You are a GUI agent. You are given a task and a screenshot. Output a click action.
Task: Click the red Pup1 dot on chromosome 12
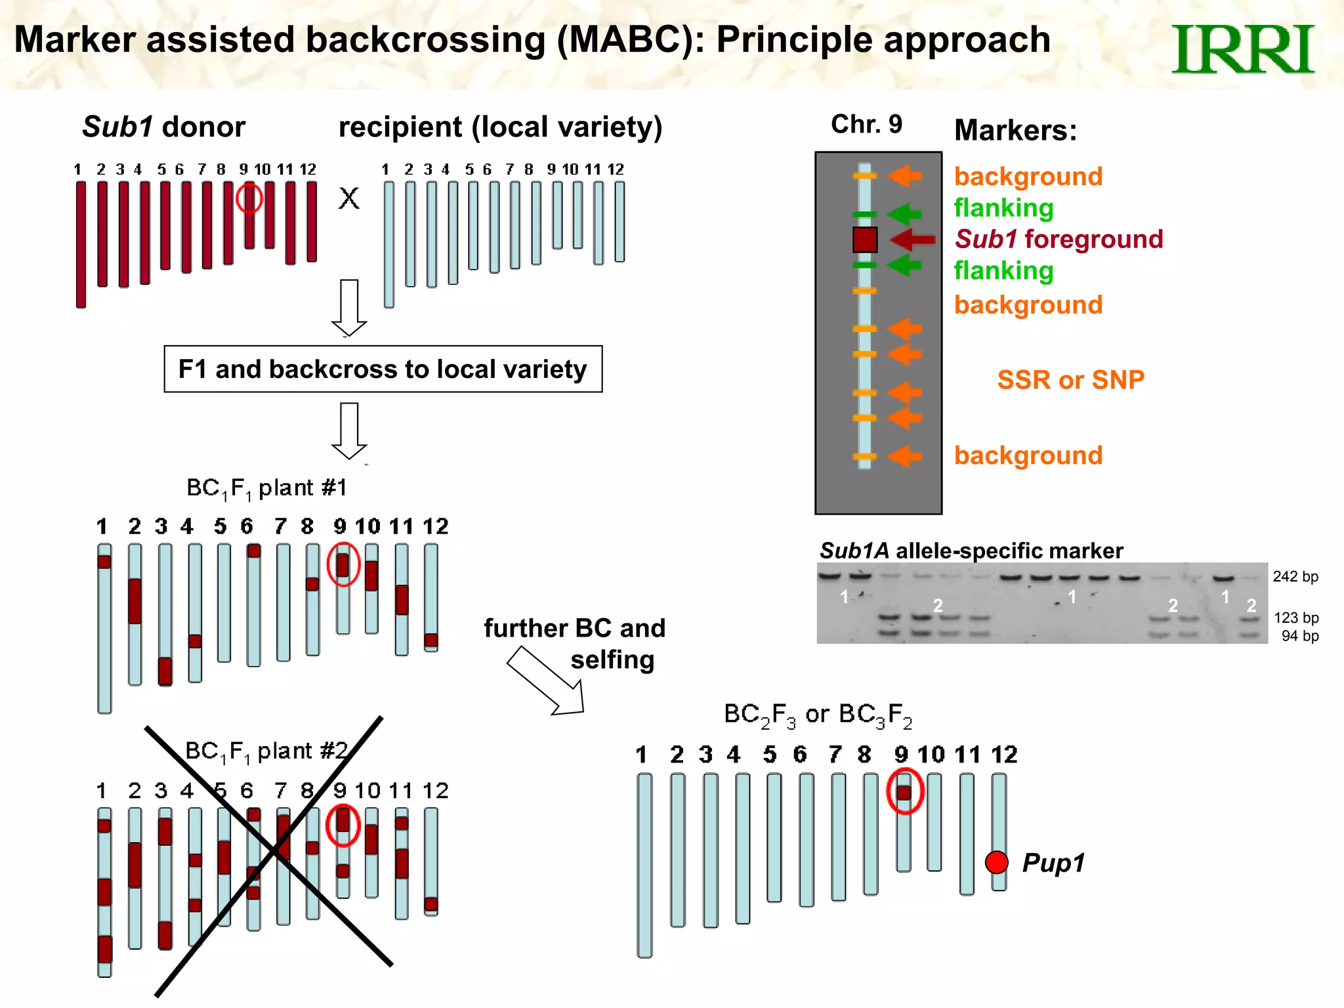point(996,862)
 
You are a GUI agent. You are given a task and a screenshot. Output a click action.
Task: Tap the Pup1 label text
point(1053,862)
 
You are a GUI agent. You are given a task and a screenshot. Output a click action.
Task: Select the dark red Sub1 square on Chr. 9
point(864,240)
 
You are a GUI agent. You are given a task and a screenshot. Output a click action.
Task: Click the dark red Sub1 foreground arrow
point(913,240)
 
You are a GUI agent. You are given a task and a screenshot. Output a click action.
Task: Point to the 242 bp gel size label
point(1295,577)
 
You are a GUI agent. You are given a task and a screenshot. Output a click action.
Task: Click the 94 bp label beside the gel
point(1299,636)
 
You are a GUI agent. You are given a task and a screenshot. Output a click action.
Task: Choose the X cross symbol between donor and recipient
point(349,198)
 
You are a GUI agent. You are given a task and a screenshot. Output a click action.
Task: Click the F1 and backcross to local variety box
point(383,369)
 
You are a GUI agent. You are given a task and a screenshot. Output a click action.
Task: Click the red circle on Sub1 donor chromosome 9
point(249,198)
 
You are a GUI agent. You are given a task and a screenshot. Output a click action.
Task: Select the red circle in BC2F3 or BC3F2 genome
point(904,791)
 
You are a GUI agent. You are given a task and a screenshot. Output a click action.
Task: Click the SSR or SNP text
point(1070,380)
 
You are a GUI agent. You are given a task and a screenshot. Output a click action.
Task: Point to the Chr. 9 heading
point(866,124)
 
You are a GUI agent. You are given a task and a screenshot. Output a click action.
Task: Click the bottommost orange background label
point(1028,455)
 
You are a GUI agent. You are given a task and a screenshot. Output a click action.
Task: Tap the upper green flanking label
point(1003,208)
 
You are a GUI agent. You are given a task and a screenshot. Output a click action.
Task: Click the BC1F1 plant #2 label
point(266,751)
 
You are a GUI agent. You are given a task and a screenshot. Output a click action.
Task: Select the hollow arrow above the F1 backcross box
point(349,307)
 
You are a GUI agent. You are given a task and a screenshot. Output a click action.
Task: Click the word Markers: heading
point(1015,130)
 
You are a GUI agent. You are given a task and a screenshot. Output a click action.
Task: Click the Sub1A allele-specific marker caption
point(971,551)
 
